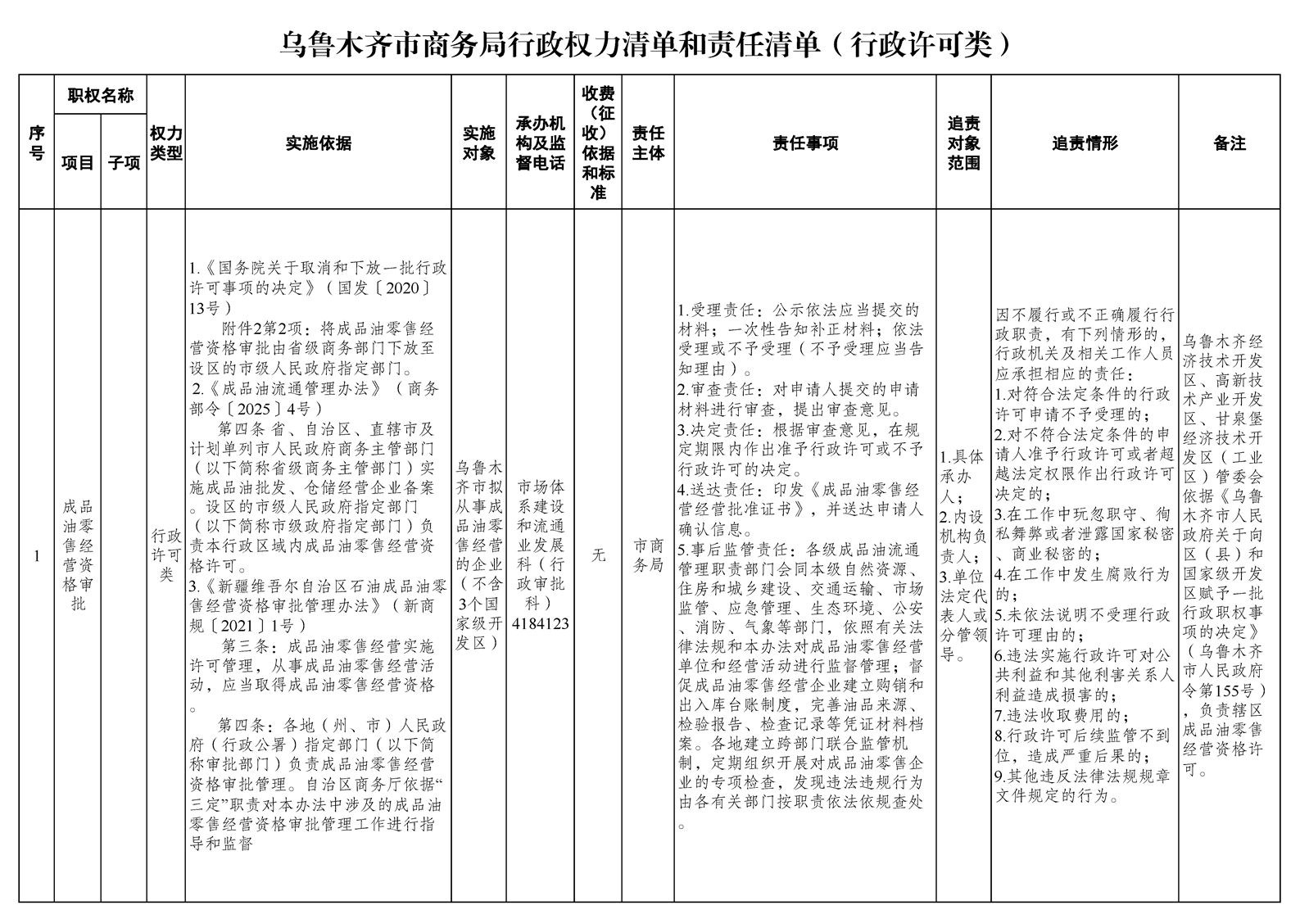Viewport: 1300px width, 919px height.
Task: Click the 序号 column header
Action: click(x=37, y=143)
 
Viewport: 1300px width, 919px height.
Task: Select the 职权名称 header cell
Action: click(x=100, y=96)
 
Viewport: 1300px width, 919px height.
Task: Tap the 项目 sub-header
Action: click(x=78, y=162)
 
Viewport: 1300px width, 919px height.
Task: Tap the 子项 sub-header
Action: click(x=124, y=162)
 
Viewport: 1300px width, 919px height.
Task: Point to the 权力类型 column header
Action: click(x=166, y=143)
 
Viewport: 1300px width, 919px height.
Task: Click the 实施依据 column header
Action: click(x=318, y=143)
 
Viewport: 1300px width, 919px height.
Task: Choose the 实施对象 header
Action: click(x=478, y=143)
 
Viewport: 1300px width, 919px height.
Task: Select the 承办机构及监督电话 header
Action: click(x=540, y=143)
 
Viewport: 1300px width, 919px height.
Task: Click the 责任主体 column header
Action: click(x=648, y=143)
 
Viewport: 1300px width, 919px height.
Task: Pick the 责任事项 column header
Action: click(x=805, y=143)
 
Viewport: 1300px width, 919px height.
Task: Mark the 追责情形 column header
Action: click(x=1085, y=143)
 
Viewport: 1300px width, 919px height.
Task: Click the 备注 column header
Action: click(x=1230, y=143)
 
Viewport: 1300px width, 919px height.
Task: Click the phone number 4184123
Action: click(x=540, y=623)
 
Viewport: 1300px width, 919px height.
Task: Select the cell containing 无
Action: click(x=598, y=555)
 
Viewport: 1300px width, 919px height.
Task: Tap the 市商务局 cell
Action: click(x=648, y=555)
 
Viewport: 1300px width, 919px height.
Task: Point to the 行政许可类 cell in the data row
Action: click(x=166, y=555)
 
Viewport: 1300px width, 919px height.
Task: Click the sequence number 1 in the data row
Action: click(x=37, y=556)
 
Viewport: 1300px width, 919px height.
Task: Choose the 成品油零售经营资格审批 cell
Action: click(x=78, y=555)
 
